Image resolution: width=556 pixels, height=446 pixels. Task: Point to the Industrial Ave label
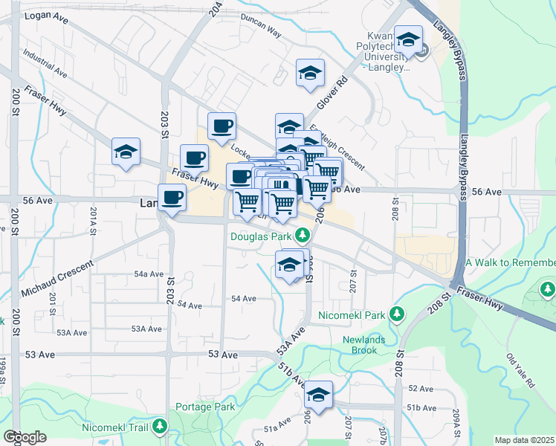coord(45,64)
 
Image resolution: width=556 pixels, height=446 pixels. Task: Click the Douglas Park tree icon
coord(302,236)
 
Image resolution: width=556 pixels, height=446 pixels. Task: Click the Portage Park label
coord(205,407)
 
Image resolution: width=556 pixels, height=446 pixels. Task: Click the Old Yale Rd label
coord(520,372)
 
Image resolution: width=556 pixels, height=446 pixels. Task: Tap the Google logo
coord(25,437)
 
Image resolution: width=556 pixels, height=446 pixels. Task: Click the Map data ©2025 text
coord(525,440)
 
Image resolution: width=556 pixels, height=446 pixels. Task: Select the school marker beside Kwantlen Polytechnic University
coord(408,39)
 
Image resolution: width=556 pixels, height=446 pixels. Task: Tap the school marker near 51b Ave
coord(319,395)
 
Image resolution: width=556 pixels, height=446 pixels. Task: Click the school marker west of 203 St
coord(126,152)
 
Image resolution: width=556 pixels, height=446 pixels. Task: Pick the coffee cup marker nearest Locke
coord(221,126)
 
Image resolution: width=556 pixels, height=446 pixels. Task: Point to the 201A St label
coord(94,222)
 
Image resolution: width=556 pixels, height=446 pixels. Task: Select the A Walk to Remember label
coord(510,263)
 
